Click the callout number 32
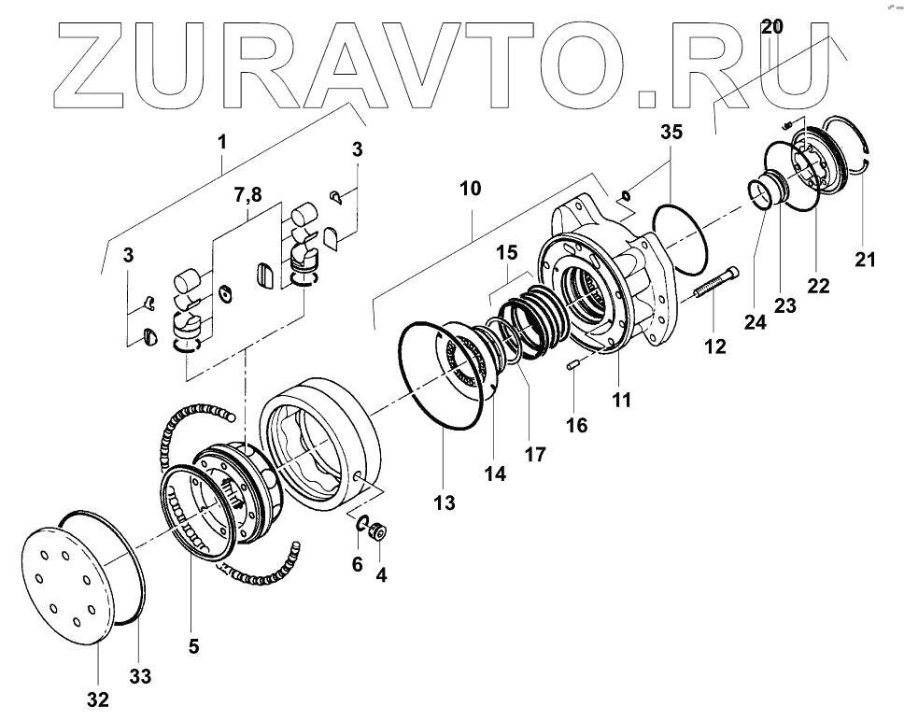98,699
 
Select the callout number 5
192,644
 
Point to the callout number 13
445,503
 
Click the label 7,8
247,194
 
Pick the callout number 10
470,188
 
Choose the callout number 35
671,132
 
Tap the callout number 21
866,260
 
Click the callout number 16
577,425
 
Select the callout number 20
771,26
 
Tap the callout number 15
506,253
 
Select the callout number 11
621,400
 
